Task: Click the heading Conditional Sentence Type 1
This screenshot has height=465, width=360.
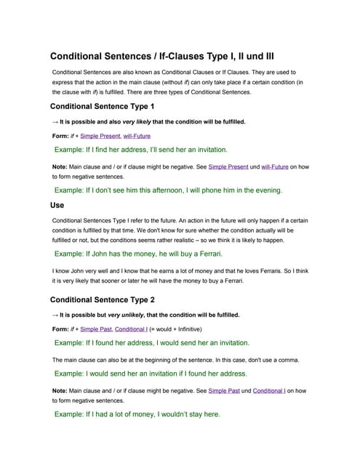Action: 102,106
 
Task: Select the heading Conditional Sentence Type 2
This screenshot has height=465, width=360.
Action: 103,299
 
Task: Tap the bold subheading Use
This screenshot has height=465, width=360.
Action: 57,205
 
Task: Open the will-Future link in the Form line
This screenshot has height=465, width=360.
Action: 137,136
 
